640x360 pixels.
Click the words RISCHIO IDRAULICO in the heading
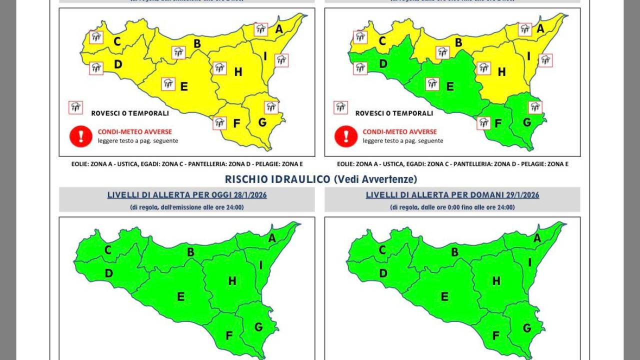277,179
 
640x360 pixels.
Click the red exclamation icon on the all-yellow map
81,136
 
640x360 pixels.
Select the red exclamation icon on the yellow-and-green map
346,136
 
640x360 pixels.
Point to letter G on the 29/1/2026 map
526,328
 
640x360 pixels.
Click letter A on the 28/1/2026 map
272,238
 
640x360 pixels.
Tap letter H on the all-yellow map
238,72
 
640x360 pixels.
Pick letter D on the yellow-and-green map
383,64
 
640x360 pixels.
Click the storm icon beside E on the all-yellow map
168,83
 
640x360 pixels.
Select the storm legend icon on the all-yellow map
76,107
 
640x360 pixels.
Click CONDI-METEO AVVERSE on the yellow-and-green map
399,132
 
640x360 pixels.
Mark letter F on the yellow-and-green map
498,123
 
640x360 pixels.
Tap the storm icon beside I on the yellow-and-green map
545,60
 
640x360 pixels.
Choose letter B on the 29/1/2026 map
454,252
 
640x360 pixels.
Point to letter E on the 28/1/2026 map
180,296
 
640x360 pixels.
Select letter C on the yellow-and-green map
382,41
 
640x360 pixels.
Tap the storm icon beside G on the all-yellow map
271,107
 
